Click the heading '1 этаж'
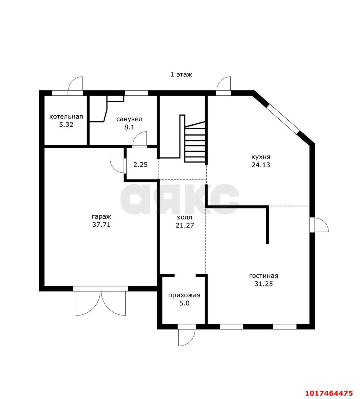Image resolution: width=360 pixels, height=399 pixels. click(x=181, y=75)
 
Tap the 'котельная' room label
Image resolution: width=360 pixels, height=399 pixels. click(x=66, y=117)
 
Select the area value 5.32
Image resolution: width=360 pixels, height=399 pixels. click(x=66, y=125)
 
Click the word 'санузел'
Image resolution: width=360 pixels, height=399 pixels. click(x=129, y=119)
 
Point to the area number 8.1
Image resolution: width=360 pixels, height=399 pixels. click(x=129, y=127)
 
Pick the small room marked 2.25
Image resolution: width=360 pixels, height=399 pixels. click(x=141, y=165)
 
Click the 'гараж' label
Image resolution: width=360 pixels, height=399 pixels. click(x=101, y=217)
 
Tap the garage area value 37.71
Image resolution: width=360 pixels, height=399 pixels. click(x=101, y=224)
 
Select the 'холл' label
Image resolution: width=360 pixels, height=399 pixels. click(x=185, y=217)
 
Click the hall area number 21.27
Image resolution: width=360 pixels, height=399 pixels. click(x=185, y=225)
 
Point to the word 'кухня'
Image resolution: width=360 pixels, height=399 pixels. click(x=261, y=157)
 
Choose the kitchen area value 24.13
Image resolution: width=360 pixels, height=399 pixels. click(x=261, y=165)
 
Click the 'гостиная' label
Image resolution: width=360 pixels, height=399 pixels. click(x=264, y=276)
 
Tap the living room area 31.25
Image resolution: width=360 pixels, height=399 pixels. click(x=264, y=284)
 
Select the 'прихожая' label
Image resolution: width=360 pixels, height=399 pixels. click(x=184, y=296)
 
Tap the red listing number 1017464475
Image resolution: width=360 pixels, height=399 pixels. click(x=329, y=393)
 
